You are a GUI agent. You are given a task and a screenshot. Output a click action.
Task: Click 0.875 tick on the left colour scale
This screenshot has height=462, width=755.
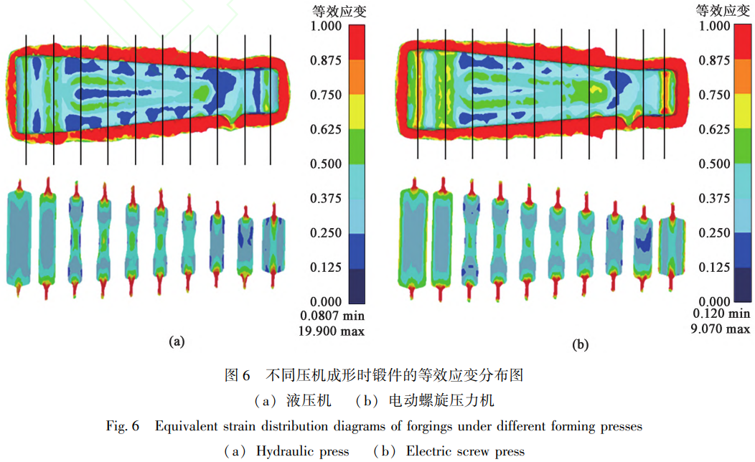327,61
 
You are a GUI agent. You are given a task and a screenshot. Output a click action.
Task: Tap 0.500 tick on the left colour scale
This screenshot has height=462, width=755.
327,164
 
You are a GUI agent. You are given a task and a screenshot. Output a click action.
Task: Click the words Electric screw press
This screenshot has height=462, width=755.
465,451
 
